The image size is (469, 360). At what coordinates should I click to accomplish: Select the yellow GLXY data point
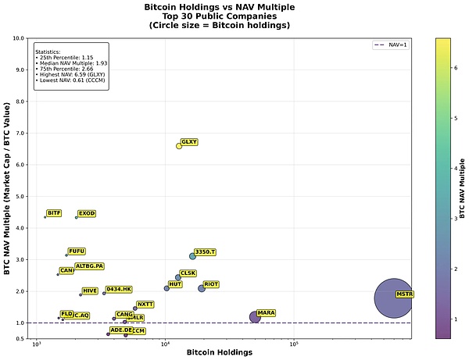click(x=179, y=145)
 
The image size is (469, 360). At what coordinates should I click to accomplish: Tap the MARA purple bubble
click(x=255, y=316)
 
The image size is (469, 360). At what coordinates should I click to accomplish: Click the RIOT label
click(x=211, y=284)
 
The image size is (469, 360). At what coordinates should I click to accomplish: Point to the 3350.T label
click(x=205, y=251)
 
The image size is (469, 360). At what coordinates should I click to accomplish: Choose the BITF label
click(x=54, y=212)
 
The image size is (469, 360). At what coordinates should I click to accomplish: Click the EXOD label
click(x=87, y=212)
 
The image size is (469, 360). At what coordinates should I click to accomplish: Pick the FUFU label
click(x=77, y=251)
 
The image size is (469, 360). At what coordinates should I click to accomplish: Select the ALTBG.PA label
click(x=89, y=266)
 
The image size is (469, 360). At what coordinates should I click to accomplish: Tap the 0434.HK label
click(x=119, y=289)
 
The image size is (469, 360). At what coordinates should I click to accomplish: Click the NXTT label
click(x=145, y=304)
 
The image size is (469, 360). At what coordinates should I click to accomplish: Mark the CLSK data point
click(x=178, y=277)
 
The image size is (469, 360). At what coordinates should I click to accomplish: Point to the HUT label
click(x=175, y=284)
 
